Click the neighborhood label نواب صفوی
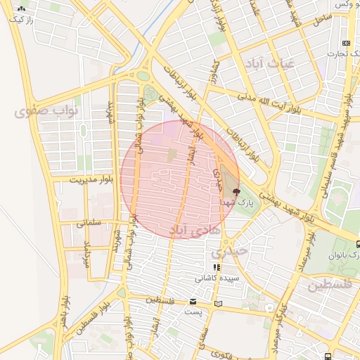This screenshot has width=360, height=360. pyautogui.click(x=39, y=111)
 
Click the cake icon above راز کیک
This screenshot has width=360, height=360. pyautogui.click(x=21, y=10)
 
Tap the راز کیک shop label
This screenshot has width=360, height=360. pyautogui.click(x=21, y=20)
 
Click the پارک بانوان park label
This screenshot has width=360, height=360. pyautogui.click(x=345, y=255)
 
